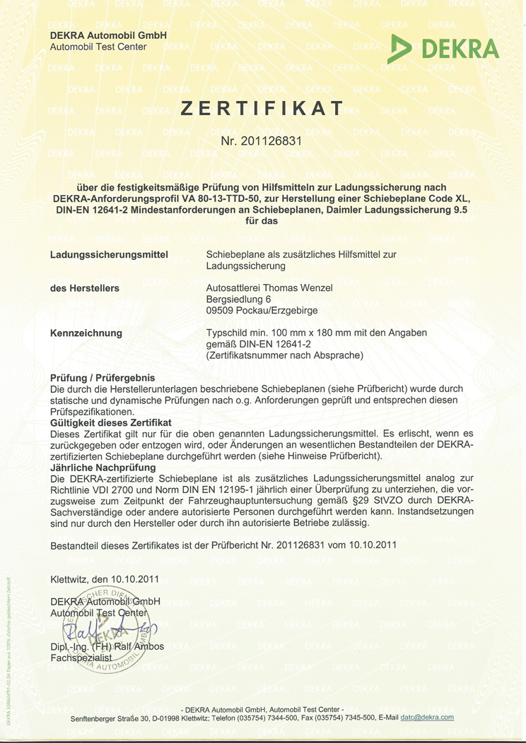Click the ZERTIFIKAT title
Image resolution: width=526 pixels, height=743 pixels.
coord(262,108)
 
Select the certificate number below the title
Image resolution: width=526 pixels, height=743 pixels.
coord(262,141)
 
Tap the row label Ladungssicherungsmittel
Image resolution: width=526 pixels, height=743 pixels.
coord(110,254)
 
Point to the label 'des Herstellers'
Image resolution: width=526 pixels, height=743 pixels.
coord(85,288)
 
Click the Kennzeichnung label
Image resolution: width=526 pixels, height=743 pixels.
coord(86,333)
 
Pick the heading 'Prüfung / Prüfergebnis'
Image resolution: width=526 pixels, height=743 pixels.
coord(103,378)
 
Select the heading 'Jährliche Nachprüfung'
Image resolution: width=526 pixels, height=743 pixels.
coord(103,467)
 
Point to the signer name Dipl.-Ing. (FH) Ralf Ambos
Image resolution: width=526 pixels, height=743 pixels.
coord(107,646)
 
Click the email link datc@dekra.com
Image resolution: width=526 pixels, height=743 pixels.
coord(427,718)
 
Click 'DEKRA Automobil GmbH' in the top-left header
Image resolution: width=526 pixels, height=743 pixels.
coord(108,35)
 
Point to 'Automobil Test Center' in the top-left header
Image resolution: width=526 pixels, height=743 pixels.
coord(98,47)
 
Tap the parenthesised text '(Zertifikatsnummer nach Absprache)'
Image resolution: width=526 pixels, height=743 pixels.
coord(284,355)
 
